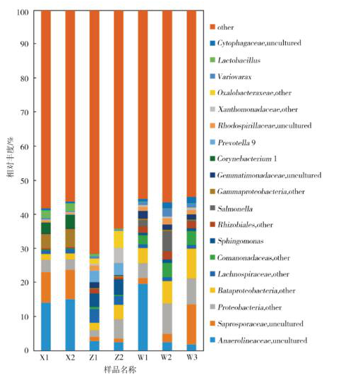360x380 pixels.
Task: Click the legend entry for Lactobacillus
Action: [x=235, y=60]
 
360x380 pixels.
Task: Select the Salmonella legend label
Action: [x=232, y=209]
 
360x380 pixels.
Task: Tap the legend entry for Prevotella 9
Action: [x=233, y=142]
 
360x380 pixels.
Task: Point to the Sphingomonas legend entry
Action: [x=236, y=241]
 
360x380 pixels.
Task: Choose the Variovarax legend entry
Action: [x=231, y=77]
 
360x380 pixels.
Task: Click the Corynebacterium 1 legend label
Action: [x=244, y=159]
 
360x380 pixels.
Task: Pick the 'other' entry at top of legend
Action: [x=222, y=27]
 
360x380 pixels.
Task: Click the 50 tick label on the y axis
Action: [x=24, y=180]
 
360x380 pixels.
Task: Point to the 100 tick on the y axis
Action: [x=23, y=12]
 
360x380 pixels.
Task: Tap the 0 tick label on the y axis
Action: [x=26, y=350]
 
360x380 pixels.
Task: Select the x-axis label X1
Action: [x=44, y=357]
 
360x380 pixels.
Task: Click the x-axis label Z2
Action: [x=119, y=357]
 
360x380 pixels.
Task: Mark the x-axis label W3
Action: [x=191, y=357]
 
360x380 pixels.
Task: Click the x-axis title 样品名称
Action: [x=120, y=370]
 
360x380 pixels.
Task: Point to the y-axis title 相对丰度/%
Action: [x=10, y=157]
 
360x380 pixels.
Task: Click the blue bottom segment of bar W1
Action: [x=143, y=317]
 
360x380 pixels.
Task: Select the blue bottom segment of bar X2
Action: [x=70, y=325]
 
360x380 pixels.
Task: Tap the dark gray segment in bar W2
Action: [x=167, y=240]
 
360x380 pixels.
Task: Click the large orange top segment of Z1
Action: [x=95, y=133]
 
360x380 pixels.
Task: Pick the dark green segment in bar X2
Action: [x=70, y=222]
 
